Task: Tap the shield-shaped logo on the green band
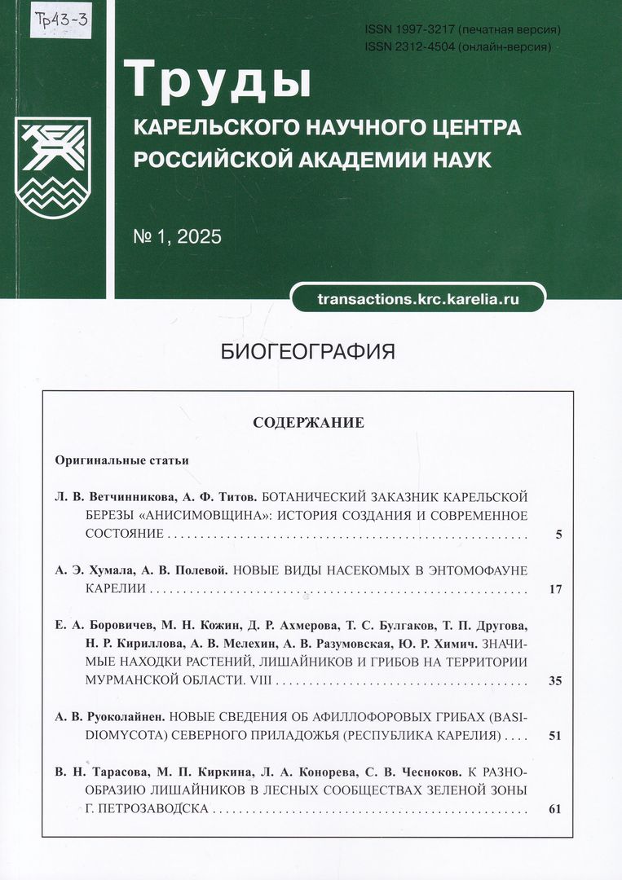point(53,167)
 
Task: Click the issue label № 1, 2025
point(177,237)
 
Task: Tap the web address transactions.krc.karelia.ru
point(418,299)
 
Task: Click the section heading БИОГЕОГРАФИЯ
point(308,352)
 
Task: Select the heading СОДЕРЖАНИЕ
point(308,423)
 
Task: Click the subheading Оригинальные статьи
point(122,460)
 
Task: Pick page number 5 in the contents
point(558,535)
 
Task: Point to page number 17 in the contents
point(556,588)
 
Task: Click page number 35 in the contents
point(555,680)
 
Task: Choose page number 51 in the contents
point(555,736)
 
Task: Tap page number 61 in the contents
point(555,809)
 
